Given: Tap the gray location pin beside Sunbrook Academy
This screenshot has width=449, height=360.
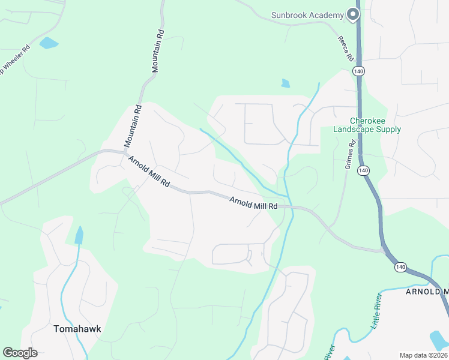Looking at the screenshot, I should (354, 14).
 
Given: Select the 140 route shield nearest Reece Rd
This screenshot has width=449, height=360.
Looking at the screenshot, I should (358, 71).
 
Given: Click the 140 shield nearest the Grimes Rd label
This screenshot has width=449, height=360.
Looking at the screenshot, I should (363, 170).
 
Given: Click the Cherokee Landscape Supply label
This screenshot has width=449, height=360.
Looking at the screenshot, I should (367, 125).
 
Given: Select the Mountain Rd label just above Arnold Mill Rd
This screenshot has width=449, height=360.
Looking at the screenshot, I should (133, 126).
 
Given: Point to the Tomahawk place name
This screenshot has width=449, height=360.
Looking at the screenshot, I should (76, 329).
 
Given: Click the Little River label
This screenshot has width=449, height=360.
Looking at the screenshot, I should (376, 316).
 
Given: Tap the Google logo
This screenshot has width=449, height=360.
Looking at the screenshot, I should (20, 353).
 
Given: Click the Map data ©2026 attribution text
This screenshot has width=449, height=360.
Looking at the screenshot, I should (423, 355).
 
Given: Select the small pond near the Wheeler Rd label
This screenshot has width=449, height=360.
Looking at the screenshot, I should (48, 43).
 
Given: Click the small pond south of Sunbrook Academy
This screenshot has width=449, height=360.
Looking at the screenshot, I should (285, 83).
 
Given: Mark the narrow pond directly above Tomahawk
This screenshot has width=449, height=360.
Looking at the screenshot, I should (79, 235).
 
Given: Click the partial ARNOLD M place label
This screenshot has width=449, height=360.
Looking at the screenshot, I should (427, 292).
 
